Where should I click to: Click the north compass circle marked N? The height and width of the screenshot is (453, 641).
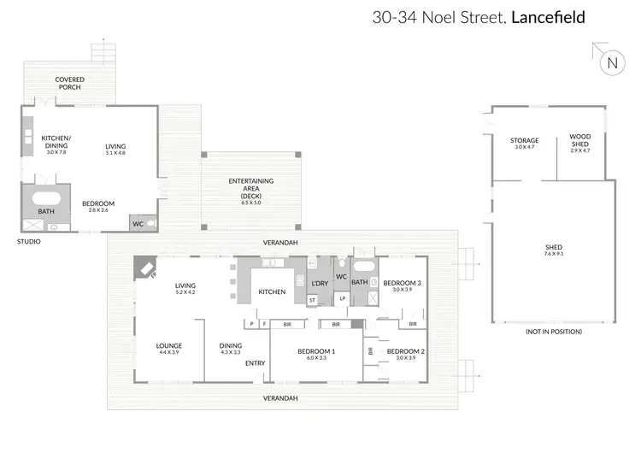pos(611,62)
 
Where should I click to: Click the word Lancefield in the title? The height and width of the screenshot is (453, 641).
pos(548,16)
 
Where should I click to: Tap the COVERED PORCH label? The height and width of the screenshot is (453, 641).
pos(70,83)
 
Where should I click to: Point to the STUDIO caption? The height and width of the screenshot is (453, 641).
pos(28,242)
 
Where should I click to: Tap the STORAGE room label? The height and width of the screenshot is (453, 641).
pos(524,141)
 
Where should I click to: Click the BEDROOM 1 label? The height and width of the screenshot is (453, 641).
pos(315,352)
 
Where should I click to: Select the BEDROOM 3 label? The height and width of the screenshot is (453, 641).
pos(401,284)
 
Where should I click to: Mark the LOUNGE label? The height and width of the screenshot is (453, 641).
pos(168,347)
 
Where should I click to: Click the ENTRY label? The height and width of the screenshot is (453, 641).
pos(255,364)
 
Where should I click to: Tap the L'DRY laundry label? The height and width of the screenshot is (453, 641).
pos(320,283)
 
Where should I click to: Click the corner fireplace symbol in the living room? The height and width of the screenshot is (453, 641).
pos(145,269)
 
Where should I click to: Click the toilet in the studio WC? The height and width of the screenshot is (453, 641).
pos(151,224)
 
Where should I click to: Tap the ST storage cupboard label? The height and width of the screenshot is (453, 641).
pos(312,300)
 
